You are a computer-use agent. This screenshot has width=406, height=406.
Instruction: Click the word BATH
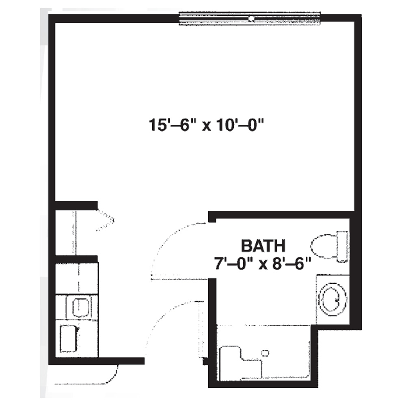[x=263, y=246]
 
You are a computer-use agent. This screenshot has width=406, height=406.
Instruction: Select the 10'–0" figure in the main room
[x=239, y=125]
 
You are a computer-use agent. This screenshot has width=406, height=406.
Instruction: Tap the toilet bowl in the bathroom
[x=324, y=246]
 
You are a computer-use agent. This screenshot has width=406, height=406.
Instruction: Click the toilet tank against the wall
[x=343, y=246]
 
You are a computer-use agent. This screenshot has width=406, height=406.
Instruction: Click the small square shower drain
[x=266, y=353]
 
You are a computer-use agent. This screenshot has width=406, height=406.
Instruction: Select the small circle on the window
[x=251, y=18]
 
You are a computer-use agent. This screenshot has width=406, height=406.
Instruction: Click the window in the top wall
[x=250, y=19]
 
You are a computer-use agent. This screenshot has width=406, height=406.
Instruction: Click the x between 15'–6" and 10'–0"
[x=206, y=127]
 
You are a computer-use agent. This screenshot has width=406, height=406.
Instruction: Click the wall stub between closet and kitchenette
[x=77, y=259]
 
